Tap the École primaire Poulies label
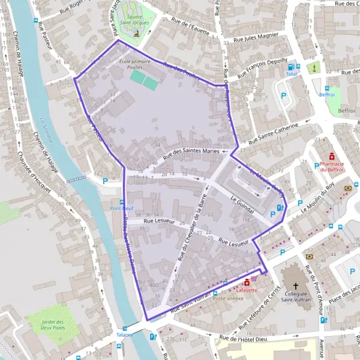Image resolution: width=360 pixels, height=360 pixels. click(x=133, y=65)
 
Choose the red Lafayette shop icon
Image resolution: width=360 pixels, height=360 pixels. click(x=247, y=282)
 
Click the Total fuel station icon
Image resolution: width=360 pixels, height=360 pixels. click(x=292, y=67)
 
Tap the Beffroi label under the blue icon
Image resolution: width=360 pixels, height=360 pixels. click(x=347, y=111)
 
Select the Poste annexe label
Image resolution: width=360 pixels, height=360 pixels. click(x=226, y=298)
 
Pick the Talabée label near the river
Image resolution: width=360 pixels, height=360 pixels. click(x=125, y=335)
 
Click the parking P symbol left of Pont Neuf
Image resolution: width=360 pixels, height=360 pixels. click(x=106, y=181)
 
